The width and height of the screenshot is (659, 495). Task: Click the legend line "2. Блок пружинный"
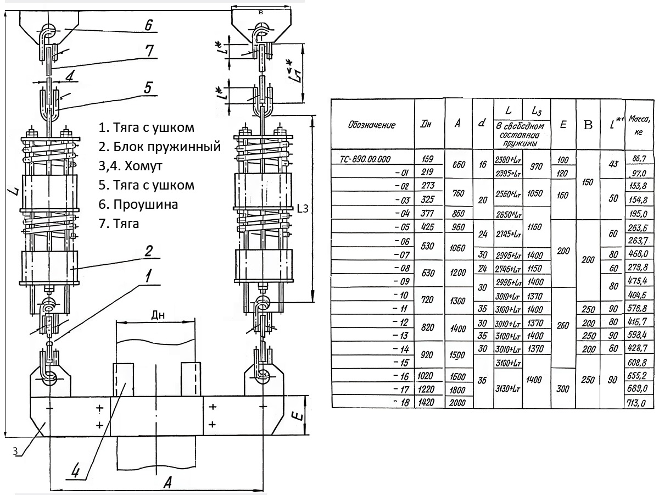click(x=160, y=147)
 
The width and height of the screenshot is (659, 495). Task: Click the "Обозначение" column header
click(x=372, y=125)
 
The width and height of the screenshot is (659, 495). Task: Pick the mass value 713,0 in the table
click(x=640, y=403)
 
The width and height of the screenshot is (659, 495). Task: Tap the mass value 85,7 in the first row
click(x=640, y=159)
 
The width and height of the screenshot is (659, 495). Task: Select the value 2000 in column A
click(x=457, y=403)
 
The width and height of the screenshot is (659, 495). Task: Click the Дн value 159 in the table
click(x=427, y=159)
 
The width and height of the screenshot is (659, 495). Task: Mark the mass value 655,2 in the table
click(x=640, y=376)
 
